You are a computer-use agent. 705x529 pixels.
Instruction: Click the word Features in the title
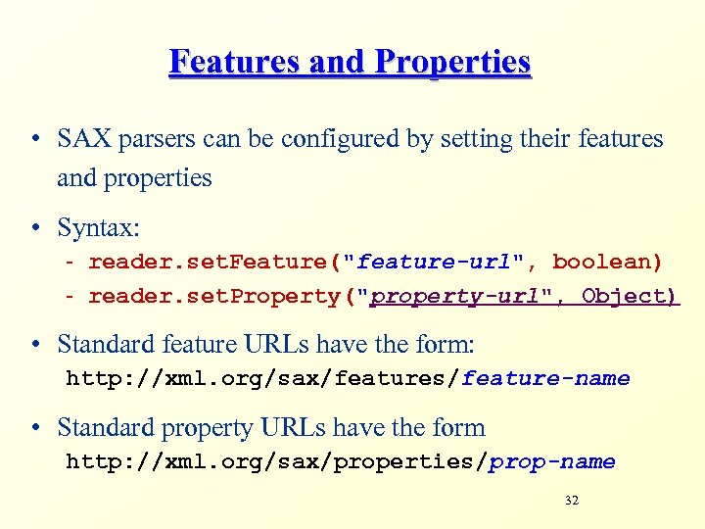point(235,63)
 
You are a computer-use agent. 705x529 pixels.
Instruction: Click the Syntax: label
point(99,228)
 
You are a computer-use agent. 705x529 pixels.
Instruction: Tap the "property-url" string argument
point(462,296)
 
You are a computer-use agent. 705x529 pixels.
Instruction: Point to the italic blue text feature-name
point(545,378)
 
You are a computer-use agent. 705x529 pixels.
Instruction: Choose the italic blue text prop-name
point(552,461)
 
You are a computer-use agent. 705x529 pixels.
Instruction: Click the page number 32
point(572,501)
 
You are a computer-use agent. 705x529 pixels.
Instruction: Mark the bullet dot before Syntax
point(34,229)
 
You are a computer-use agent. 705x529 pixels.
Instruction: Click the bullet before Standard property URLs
point(34,428)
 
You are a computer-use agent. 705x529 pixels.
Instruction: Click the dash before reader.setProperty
point(71,296)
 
